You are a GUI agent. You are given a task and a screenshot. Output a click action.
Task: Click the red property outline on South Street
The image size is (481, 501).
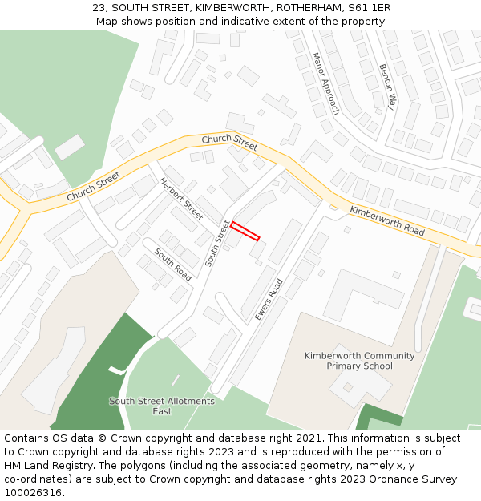[245, 231]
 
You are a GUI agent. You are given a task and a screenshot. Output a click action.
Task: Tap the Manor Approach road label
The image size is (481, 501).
[325, 83]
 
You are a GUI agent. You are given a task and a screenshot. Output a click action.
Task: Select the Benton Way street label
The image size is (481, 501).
[388, 87]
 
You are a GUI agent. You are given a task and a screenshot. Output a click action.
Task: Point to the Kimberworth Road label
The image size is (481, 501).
[387, 220]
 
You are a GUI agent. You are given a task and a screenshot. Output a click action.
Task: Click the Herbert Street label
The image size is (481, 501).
[181, 199]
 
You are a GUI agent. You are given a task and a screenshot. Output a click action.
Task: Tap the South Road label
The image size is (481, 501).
[173, 264]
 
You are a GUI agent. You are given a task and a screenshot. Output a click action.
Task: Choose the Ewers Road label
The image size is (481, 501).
[269, 300]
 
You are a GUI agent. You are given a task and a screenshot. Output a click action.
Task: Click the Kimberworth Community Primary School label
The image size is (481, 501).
[359, 361]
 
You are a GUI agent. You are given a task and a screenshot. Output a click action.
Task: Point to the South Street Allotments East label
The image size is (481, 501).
[162, 406]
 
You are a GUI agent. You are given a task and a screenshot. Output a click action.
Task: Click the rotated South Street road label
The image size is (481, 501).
[216, 243]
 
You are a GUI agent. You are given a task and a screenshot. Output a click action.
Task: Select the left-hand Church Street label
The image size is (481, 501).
[93, 186]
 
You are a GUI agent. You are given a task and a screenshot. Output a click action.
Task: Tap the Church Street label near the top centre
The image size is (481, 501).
[229, 143]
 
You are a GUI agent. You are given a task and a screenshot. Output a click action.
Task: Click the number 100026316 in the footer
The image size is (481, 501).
[33, 493]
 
